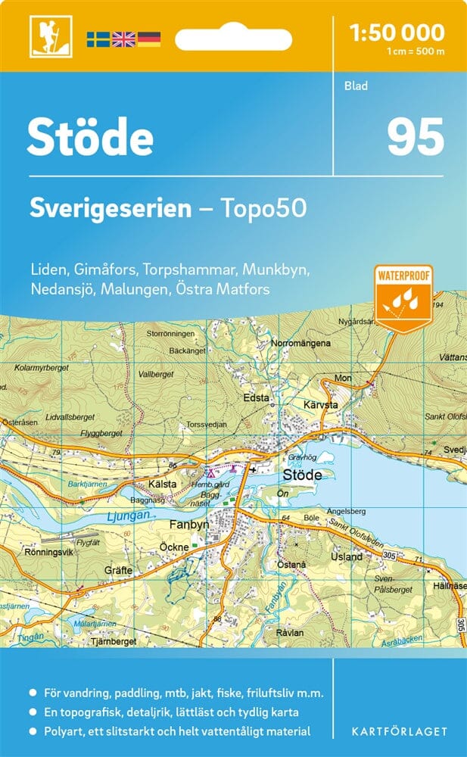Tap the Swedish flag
point(98,39)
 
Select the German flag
point(149,39)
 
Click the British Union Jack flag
point(123,39)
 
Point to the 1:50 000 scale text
point(397,33)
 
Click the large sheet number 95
point(415,137)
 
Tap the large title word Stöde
point(91,137)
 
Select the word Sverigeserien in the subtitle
point(111,208)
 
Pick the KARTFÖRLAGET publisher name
point(399,731)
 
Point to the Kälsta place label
point(162,484)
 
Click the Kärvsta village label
point(322,405)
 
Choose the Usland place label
point(347,556)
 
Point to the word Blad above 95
point(355,86)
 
